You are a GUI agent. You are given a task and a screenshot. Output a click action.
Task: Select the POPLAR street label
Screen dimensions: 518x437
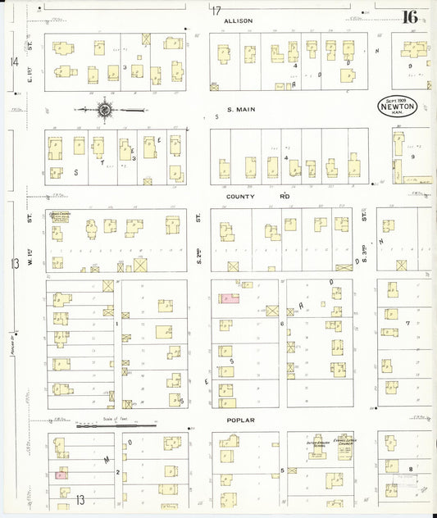click(x=242, y=420)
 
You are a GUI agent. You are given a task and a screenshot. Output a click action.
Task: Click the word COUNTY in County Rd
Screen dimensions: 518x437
click(x=239, y=197)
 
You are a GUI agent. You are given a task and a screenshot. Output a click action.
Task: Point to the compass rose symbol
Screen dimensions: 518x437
click(x=104, y=108)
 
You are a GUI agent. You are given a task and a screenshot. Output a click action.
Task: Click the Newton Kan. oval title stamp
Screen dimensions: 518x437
click(x=398, y=106)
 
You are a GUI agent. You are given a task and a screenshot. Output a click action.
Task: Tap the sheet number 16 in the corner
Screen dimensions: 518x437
click(x=409, y=16)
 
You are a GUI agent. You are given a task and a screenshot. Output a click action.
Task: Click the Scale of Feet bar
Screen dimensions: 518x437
click(x=116, y=425)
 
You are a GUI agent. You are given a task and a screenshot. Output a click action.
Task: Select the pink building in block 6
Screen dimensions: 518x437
click(x=230, y=299)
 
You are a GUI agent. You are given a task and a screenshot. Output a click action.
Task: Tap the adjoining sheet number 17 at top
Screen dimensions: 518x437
click(x=216, y=11)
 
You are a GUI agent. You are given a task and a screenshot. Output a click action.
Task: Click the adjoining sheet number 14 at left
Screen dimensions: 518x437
click(x=14, y=62)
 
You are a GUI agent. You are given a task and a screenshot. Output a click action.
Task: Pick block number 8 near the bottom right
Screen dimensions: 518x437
click(x=410, y=468)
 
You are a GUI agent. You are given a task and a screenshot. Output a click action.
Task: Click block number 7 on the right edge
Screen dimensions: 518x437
click(x=407, y=323)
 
